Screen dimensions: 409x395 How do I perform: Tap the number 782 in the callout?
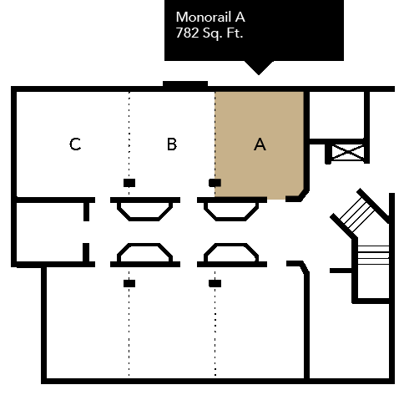click(x=187, y=33)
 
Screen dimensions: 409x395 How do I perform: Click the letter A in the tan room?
click(x=260, y=144)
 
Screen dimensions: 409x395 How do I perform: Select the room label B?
click(x=172, y=144)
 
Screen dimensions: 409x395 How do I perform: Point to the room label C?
click(x=75, y=144)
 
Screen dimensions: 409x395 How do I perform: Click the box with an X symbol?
click(x=348, y=153)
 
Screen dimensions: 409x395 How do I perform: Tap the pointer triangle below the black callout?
click(x=259, y=68)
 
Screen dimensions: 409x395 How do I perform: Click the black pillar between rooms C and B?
click(x=129, y=183)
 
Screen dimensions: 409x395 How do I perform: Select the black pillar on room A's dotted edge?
click(x=215, y=183)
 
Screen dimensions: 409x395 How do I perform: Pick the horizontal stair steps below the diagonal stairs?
click(x=373, y=255)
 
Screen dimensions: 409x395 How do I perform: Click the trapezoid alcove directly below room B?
click(x=145, y=210)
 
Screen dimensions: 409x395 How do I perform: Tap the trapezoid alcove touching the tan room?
click(x=231, y=210)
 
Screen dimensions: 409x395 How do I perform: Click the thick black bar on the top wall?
click(x=185, y=84)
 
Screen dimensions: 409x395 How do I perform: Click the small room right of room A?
click(x=336, y=115)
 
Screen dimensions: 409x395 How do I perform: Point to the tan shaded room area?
click(x=260, y=144)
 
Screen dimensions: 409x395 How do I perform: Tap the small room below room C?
click(x=50, y=232)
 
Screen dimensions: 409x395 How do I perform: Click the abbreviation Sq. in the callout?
click(x=212, y=33)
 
